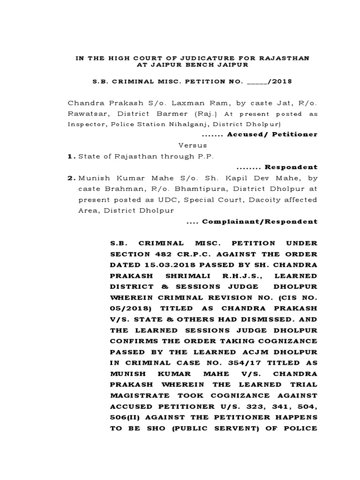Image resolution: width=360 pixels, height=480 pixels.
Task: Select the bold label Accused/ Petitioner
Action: (272, 135)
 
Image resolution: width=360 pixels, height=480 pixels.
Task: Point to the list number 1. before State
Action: (71, 156)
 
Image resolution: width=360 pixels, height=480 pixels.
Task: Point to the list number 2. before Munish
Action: (71, 178)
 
